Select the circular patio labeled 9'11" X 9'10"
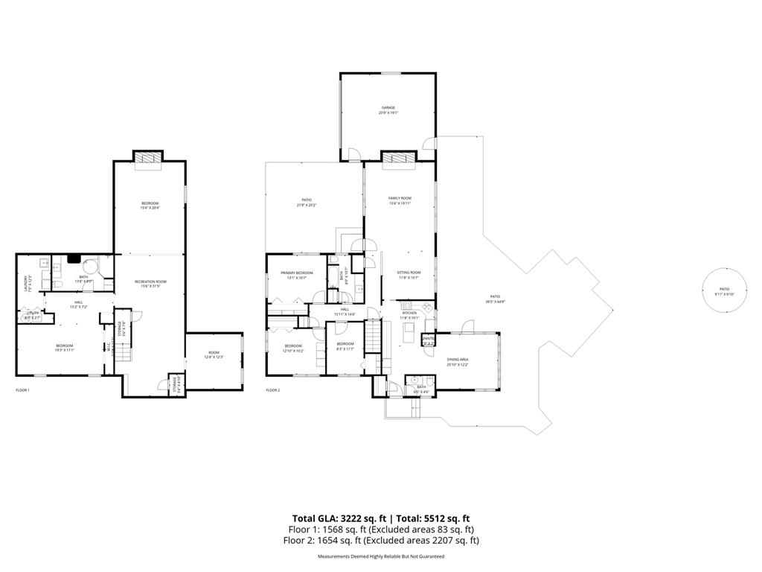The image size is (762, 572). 723,290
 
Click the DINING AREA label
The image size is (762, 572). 457,361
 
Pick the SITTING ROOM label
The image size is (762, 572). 409,275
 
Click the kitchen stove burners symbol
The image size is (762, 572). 406,305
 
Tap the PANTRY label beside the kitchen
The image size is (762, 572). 428,340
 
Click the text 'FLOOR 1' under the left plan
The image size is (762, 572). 22,390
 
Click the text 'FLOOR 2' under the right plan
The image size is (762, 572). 272,390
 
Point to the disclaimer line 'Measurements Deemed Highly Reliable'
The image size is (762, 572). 380,556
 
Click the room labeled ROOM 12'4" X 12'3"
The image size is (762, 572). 214,355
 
